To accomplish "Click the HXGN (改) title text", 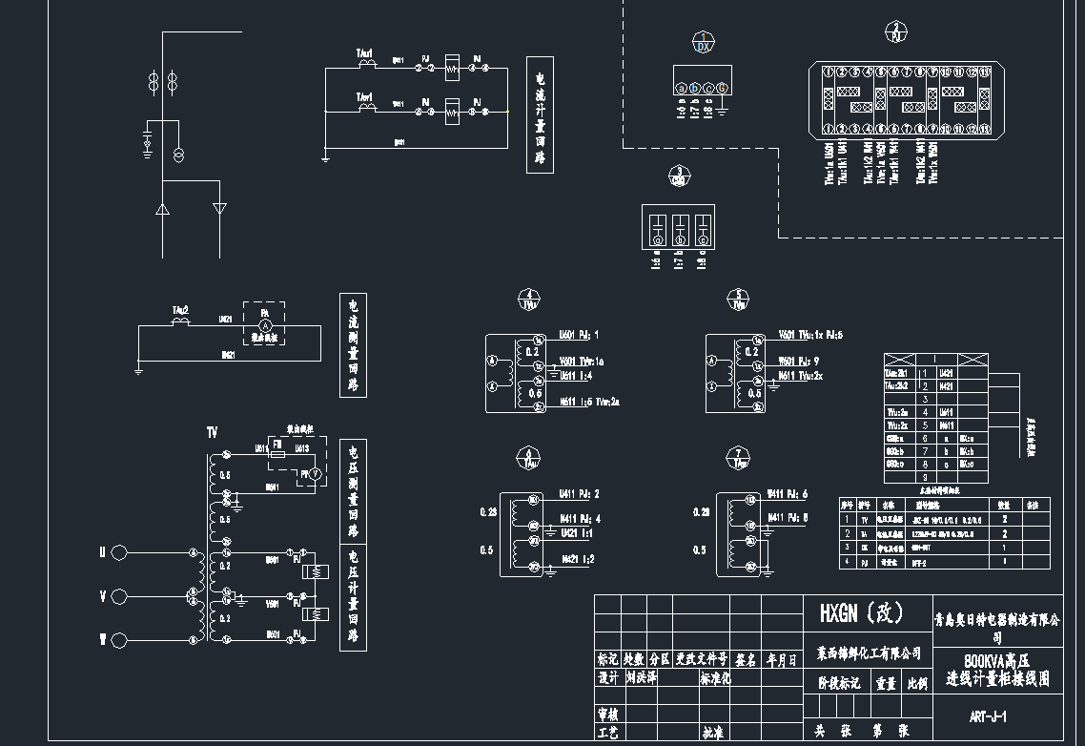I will pyautogui.click(x=862, y=612).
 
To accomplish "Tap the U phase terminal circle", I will pyautogui.click(x=119, y=552).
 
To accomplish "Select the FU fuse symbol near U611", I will pyautogui.click(x=277, y=455).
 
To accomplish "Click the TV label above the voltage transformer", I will pyautogui.click(x=212, y=433).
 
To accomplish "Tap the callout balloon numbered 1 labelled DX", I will pyautogui.click(x=703, y=42).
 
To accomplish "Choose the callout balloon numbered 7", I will pyautogui.click(x=739, y=458).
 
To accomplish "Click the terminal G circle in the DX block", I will pyautogui.click(x=723, y=89).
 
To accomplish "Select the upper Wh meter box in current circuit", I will pyautogui.click(x=453, y=67).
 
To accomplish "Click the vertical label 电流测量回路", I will pyautogui.click(x=353, y=344).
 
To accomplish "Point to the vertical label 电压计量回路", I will pyautogui.click(x=353, y=596).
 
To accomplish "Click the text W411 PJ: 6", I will pyautogui.click(x=788, y=494).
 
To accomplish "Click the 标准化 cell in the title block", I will pyautogui.click(x=715, y=679).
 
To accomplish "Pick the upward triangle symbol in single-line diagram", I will pyautogui.click(x=162, y=208).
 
